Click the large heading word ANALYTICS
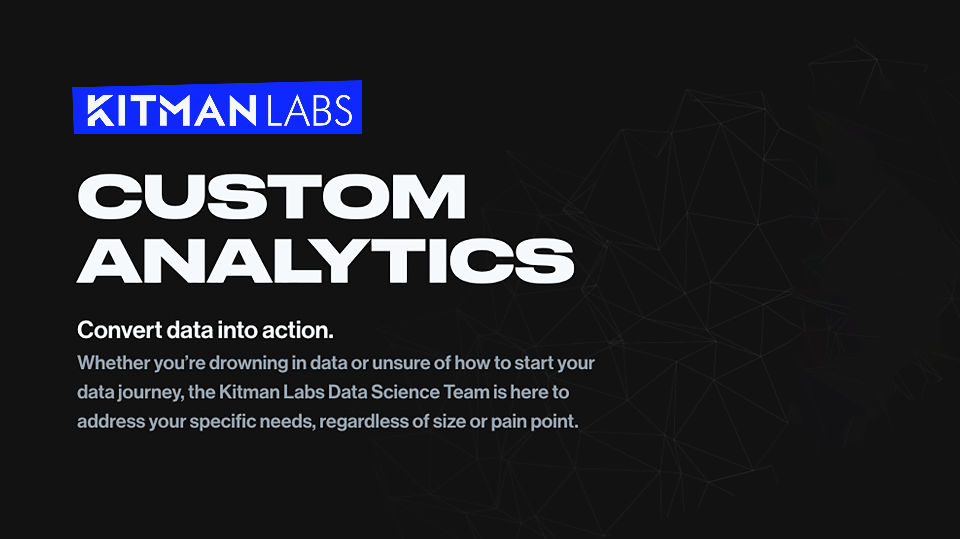(x=325, y=260)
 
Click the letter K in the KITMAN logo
(x=100, y=110)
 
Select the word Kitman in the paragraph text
(x=249, y=392)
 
